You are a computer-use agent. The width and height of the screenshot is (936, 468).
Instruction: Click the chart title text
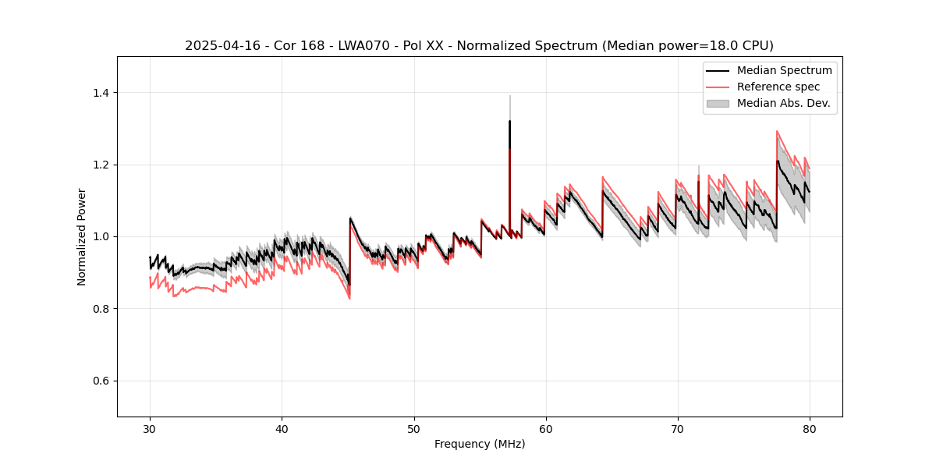(x=479, y=46)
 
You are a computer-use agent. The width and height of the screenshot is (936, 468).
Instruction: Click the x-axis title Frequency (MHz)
(x=479, y=445)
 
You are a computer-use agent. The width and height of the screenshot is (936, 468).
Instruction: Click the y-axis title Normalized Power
(x=82, y=236)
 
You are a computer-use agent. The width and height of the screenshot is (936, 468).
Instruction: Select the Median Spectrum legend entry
(x=784, y=71)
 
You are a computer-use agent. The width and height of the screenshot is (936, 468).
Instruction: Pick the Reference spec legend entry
(x=778, y=87)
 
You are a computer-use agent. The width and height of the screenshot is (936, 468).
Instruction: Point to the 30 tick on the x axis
(x=150, y=428)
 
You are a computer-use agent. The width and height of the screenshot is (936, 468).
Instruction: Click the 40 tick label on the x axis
(x=282, y=428)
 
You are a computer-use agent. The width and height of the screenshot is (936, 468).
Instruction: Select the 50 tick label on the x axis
(x=413, y=428)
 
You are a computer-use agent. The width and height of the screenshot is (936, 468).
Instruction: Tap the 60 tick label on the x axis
(x=545, y=428)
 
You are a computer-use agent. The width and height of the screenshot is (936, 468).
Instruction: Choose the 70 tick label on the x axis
(x=677, y=428)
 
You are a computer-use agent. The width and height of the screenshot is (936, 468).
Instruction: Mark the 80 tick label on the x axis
(x=809, y=428)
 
